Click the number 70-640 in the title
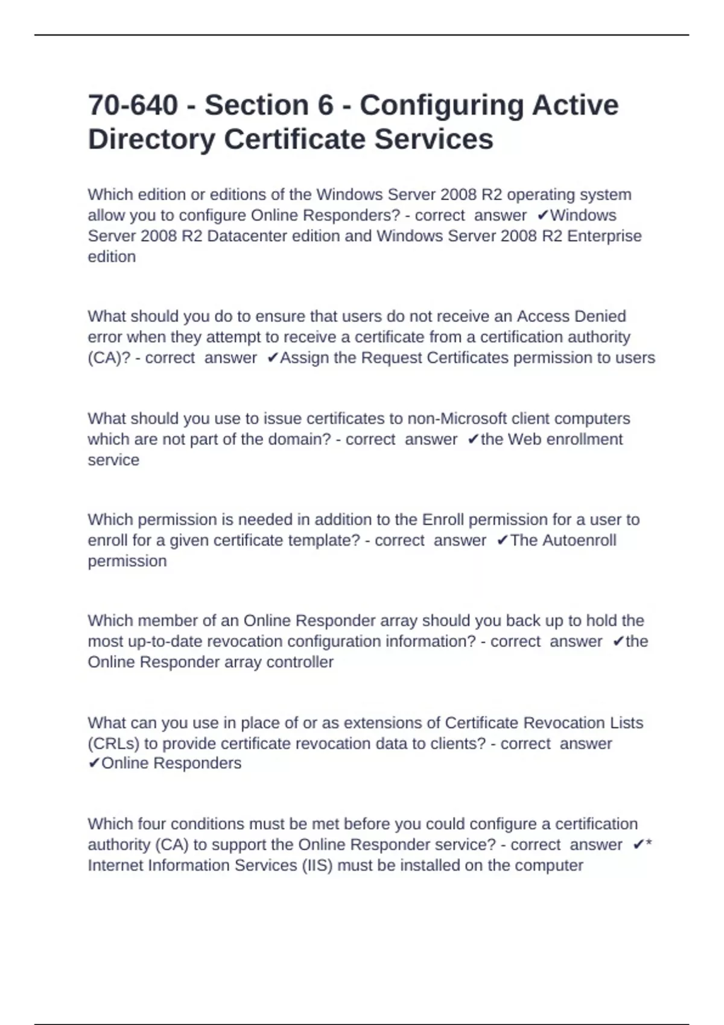tap(133, 105)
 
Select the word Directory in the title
tap(151, 139)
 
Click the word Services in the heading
tap(434, 139)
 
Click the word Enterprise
tap(605, 236)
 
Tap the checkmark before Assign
tap(272, 358)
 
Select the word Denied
tap(600, 317)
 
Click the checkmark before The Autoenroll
tap(501, 541)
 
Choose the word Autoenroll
tap(579, 540)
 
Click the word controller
tap(300, 662)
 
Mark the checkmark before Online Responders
tap(94, 764)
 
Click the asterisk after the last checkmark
tap(649, 844)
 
